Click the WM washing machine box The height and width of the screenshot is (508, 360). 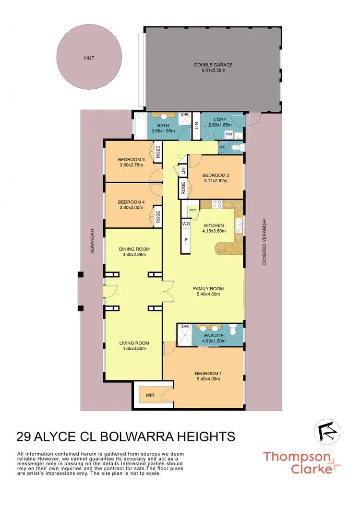tap(229, 134)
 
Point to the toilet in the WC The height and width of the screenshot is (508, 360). tap(235, 147)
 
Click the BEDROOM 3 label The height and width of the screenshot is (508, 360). tap(131, 160)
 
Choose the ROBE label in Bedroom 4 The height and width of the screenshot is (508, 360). tap(157, 217)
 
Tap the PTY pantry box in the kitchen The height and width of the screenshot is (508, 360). tap(193, 210)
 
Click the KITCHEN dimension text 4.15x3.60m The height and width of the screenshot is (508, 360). tap(214, 232)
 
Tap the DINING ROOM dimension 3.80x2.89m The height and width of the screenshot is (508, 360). tap(134, 255)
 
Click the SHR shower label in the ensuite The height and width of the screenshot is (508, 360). tap(183, 328)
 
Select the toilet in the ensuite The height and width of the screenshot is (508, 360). tap(233, 330)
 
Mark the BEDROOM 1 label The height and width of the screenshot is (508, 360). tap(208, 373)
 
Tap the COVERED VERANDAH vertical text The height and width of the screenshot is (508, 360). tap(264, 241)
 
